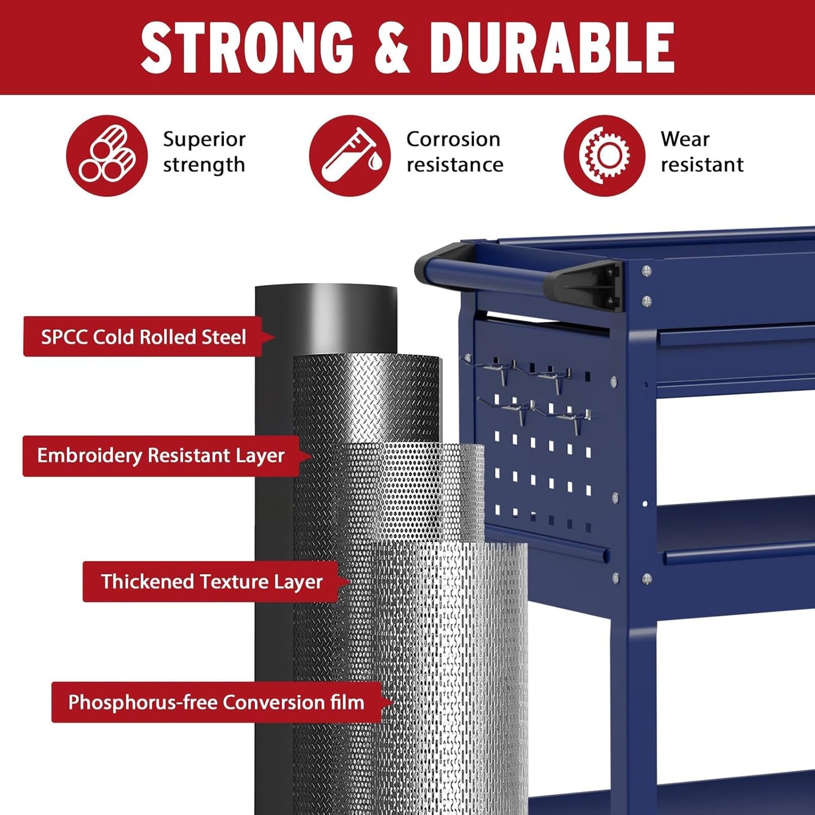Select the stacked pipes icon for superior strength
107,156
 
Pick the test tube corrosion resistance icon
349,156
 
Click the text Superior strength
204,152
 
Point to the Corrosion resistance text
454,152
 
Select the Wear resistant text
702,152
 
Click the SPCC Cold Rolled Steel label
143,337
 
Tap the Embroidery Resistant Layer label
161,456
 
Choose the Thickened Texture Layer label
212,581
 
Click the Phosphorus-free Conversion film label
216,702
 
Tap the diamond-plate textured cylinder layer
367,395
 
